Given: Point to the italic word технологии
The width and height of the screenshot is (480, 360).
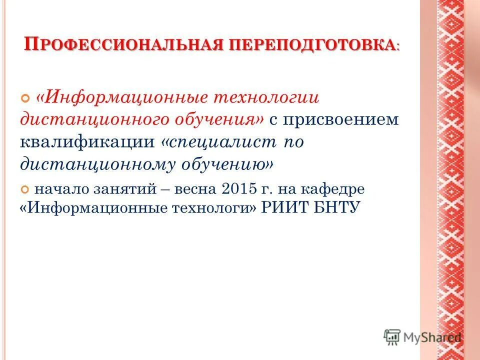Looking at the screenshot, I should [267, 96].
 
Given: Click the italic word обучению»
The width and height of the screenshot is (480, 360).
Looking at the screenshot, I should [224, 163].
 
